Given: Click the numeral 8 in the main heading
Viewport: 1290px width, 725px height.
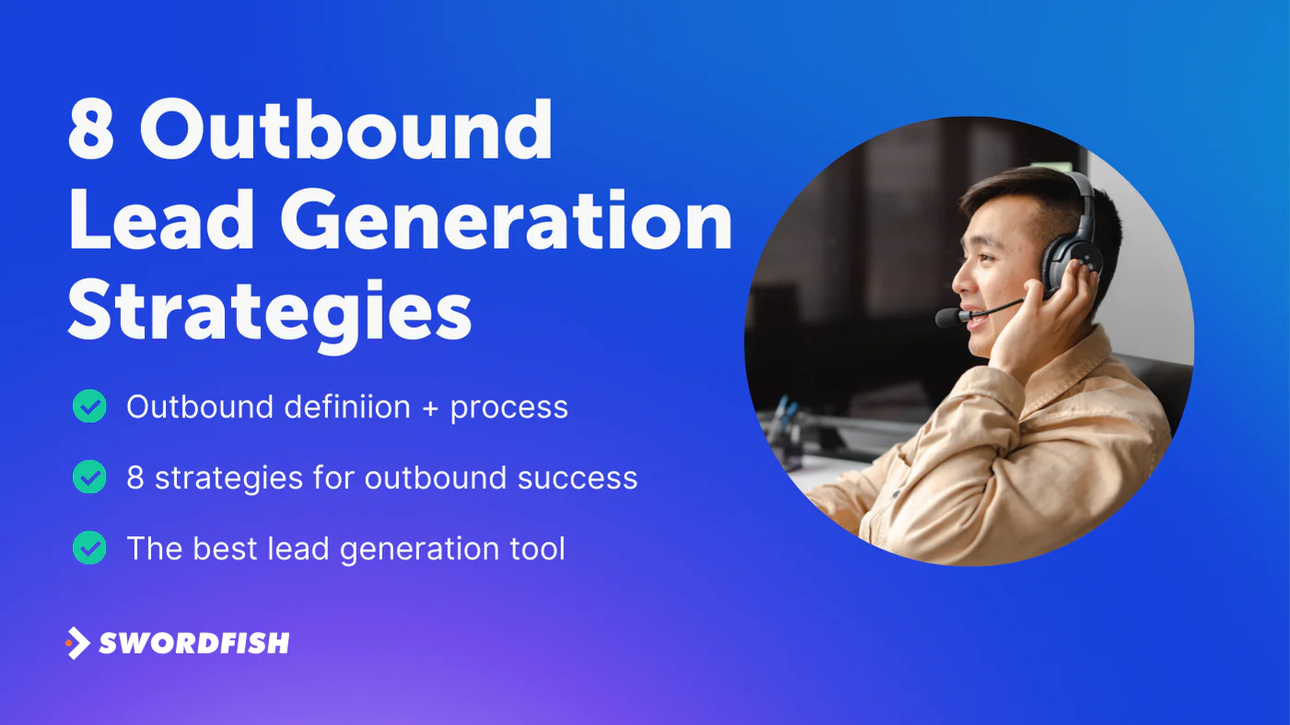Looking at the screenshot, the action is point(91,129).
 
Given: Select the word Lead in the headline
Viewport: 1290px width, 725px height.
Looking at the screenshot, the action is point(162,219).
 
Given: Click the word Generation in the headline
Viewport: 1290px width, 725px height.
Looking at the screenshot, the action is point(506,220).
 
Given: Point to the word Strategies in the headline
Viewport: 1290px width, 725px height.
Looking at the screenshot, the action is point(269,314).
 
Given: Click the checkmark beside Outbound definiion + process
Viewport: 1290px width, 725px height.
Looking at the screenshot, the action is point(89,406).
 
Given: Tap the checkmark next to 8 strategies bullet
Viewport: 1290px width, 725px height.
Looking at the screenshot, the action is point(89,477).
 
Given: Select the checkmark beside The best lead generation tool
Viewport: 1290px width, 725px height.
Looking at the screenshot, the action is point(89,547).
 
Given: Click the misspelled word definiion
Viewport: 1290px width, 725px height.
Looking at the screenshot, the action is point(347,406).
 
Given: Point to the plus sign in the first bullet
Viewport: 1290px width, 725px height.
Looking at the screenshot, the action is point(430,409).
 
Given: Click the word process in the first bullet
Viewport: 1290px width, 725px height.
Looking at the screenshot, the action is point(509,409).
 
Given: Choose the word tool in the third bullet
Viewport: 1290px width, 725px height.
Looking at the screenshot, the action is point(537,548).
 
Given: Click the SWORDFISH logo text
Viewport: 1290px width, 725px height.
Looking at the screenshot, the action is point(194,643).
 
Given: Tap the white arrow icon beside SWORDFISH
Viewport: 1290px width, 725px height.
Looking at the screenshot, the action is point(77,643).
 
